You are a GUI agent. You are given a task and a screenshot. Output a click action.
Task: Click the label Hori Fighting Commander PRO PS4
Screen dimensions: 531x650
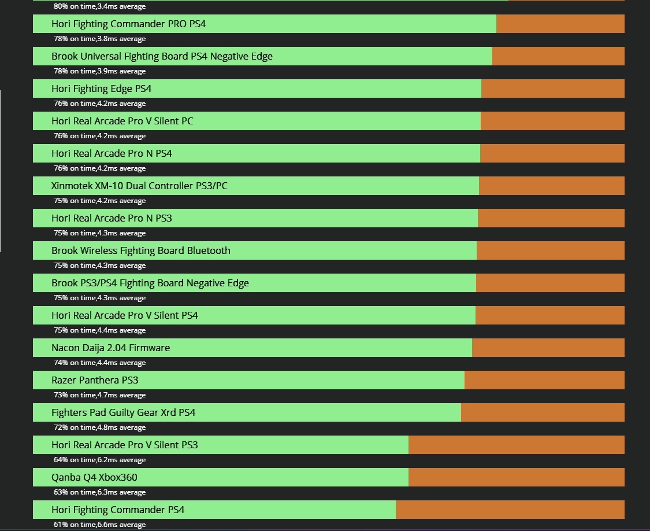click(128, 24)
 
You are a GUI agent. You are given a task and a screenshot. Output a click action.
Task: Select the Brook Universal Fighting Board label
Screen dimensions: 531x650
click(162, 57)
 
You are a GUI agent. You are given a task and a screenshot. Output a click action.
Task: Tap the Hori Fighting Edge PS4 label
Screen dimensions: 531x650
click(101, 89)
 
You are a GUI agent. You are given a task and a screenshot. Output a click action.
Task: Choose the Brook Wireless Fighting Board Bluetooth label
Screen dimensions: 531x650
click(140, 251)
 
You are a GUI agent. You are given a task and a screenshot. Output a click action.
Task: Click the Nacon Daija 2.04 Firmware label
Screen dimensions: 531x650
click(110, 348)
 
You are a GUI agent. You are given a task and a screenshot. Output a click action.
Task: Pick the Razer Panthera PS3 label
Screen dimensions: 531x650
click(95, 381)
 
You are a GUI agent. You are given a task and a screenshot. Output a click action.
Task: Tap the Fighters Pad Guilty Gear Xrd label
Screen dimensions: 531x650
click(123, 413)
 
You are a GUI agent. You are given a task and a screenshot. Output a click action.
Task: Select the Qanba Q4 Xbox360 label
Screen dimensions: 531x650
click(94, 478)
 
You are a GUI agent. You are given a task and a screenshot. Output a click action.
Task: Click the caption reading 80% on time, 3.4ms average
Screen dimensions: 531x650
click(99, 6)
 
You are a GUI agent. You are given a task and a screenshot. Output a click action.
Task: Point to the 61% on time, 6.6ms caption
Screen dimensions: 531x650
click(99, 525)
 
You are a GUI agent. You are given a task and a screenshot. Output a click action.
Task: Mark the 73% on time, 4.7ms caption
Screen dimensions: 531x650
click(99, 395)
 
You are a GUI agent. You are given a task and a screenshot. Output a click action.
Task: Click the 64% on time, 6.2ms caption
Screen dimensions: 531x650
click(99, 460)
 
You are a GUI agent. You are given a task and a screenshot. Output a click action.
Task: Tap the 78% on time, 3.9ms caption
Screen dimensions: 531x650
click(99, 71)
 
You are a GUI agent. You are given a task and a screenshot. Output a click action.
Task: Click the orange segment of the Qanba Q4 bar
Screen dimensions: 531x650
click(516, 477)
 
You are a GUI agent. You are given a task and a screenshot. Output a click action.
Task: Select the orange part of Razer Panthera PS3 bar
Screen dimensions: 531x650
click(544, 380)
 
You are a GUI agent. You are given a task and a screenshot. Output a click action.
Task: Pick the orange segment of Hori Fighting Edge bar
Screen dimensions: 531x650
click(552, 89)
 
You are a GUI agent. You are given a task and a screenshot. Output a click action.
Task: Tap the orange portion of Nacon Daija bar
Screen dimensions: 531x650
click(548, 348)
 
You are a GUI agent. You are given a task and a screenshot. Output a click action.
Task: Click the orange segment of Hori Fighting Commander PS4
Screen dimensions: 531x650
click(510, 510)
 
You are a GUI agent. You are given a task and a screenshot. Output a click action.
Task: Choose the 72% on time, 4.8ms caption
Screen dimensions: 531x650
click(99, 427)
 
